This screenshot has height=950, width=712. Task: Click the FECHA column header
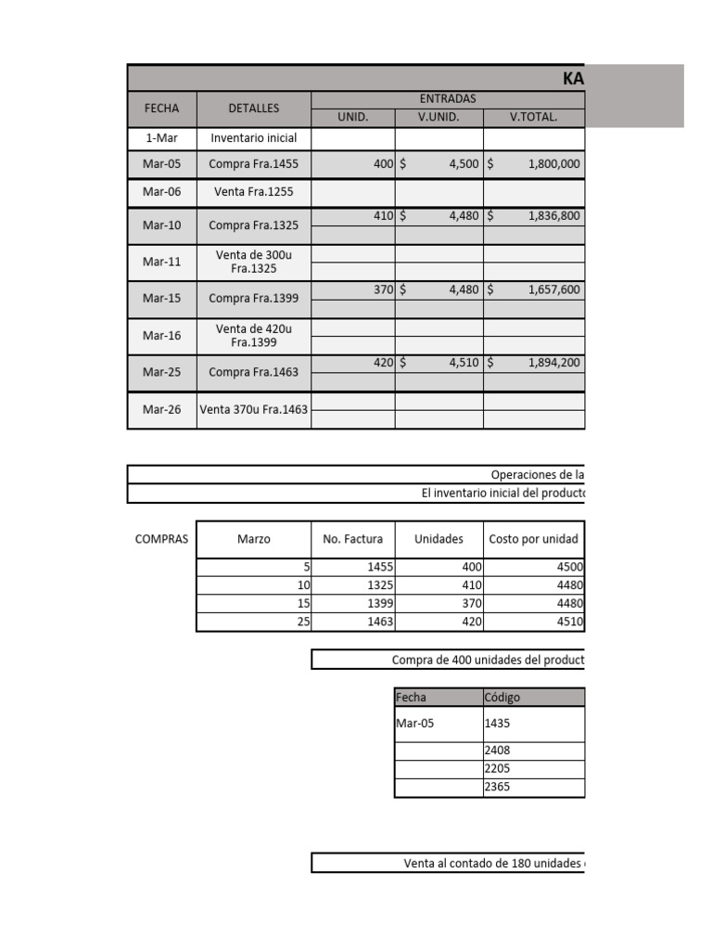(161, 109)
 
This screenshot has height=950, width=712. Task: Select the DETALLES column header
(254, 109)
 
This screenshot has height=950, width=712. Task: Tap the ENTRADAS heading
(448, 98)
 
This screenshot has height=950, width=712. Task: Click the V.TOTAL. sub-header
(534, 117)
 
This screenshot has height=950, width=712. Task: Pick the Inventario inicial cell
(254, 138)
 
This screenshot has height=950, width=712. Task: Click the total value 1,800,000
(553, 164)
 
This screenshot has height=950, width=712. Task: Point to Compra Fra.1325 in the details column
(254, 225)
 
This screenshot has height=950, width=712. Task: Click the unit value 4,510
(463, 363)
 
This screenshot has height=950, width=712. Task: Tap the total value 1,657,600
(553, 289)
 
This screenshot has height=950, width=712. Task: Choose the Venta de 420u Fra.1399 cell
(254, 335)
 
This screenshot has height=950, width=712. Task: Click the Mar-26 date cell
(161, 409)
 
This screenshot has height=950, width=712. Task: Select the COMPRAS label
(161, 539)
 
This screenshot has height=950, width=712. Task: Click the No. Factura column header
(352, 539)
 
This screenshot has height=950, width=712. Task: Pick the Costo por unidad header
(533, 539)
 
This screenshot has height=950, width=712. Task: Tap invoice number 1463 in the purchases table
(380, 623)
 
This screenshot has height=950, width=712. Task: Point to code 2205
(498, 769)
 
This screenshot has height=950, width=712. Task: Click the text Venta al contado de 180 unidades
(493, 864)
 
